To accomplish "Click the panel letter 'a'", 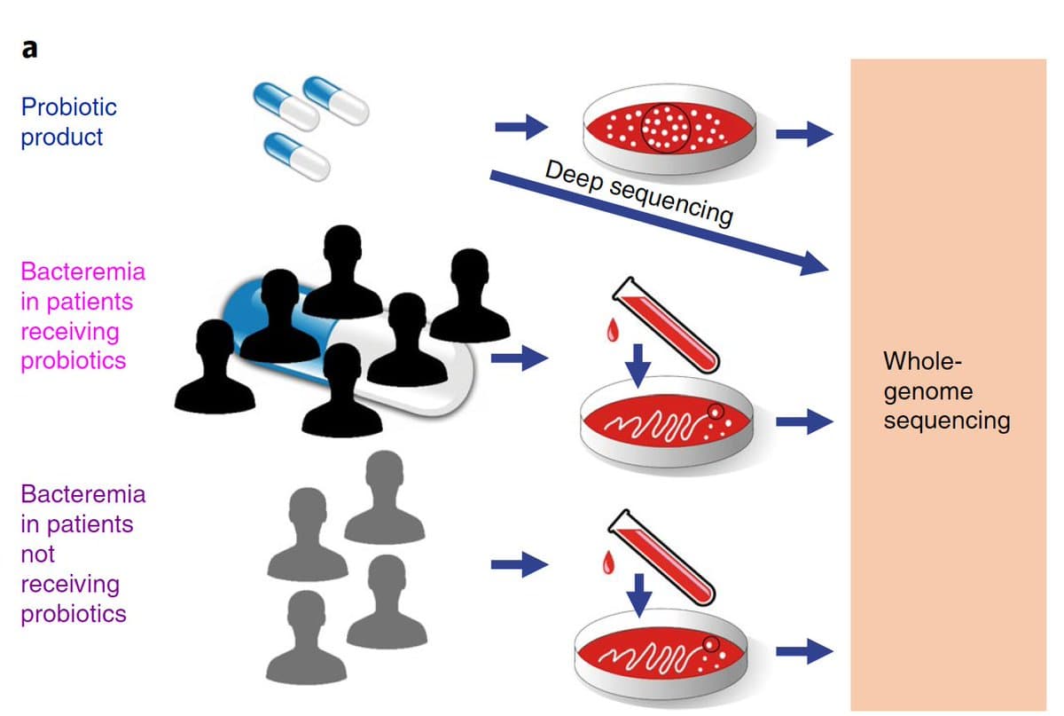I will pyautogui.click(x=29, y=49).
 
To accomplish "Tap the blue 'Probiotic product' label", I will pyautogui.click(x=68, y=122).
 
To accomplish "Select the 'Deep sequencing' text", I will pyautogui.click(x=638, y=193).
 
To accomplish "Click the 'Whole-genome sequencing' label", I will pyautogui.click(x=946, y=390).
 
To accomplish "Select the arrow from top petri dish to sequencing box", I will pyautogui.click(x=803, y=135).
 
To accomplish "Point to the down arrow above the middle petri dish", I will pyautogui.click(x=638, y=364).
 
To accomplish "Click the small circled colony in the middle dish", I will pyautogui.click(x=716, y=412).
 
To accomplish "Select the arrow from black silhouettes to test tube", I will pyautogui.click(x=520, y=358).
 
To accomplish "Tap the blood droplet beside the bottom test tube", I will pyautogui.click(x=608, y=562).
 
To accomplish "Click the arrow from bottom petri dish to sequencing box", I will pyautogui.click(x=803, y=653).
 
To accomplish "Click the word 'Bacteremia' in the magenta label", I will pyautogui.click(x=82, y=271).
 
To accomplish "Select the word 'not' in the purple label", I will pyautogui.click(x=37, y=554).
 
